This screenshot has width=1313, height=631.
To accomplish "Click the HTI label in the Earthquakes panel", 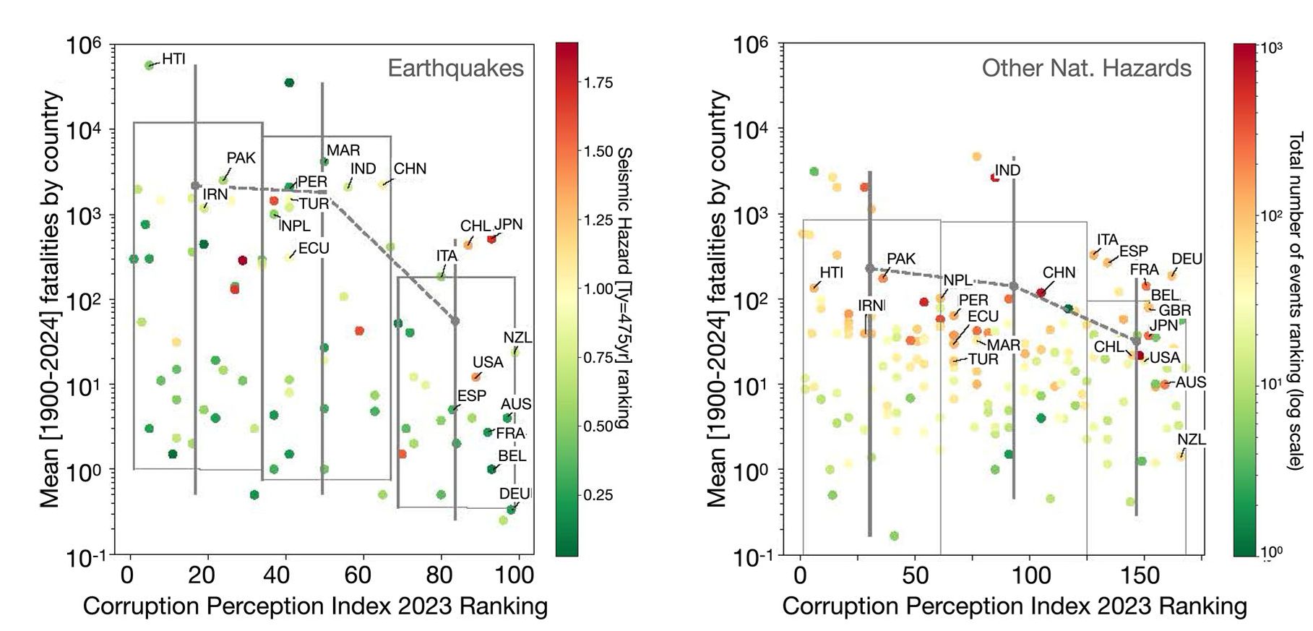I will coord(173,59).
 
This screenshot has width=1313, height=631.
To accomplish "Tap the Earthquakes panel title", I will coord(455,68).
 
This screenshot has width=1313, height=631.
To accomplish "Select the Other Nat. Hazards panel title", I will coord(1086,68).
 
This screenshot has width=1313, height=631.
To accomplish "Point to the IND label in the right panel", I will coord(1007,170).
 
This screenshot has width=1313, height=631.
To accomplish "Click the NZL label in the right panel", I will coord(1191,439).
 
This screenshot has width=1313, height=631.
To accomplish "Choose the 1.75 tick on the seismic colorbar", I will coord(598,82).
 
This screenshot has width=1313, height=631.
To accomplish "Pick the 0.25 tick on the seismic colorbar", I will coord(598,495).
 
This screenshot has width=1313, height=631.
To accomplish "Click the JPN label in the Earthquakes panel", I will coord(508,224).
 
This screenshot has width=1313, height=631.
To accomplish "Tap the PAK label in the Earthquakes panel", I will coord(241,158).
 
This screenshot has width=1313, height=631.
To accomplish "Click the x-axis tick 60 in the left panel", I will coord(357,576).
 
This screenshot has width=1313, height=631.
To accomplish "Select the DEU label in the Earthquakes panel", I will coord(515,494).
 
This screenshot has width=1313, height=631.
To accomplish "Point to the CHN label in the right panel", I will coord(1059,272).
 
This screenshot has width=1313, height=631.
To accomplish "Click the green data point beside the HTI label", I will coord(150,65).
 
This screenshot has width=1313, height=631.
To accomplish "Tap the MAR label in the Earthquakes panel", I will coord(343,150).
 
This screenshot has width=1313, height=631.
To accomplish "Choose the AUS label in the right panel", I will coord(1191,382).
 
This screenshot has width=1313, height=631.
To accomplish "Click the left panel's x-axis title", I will coord(315,606).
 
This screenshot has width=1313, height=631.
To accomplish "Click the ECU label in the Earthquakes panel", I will coord(314,248).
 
